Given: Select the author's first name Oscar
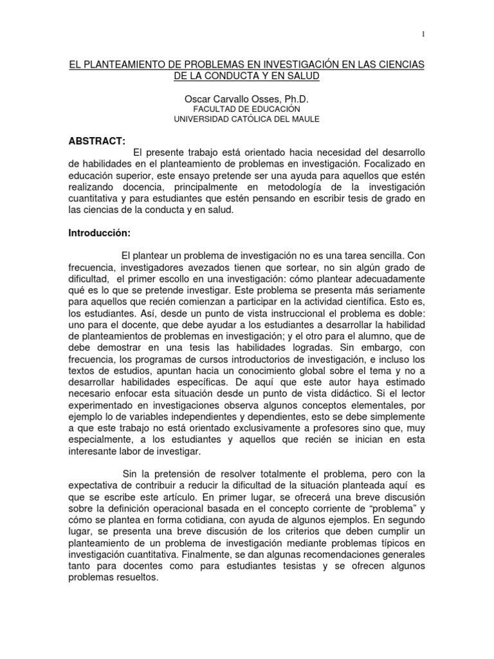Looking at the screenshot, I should click(x=197, y=99).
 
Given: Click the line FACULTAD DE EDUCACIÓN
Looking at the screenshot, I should click(x=246, y=109).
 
